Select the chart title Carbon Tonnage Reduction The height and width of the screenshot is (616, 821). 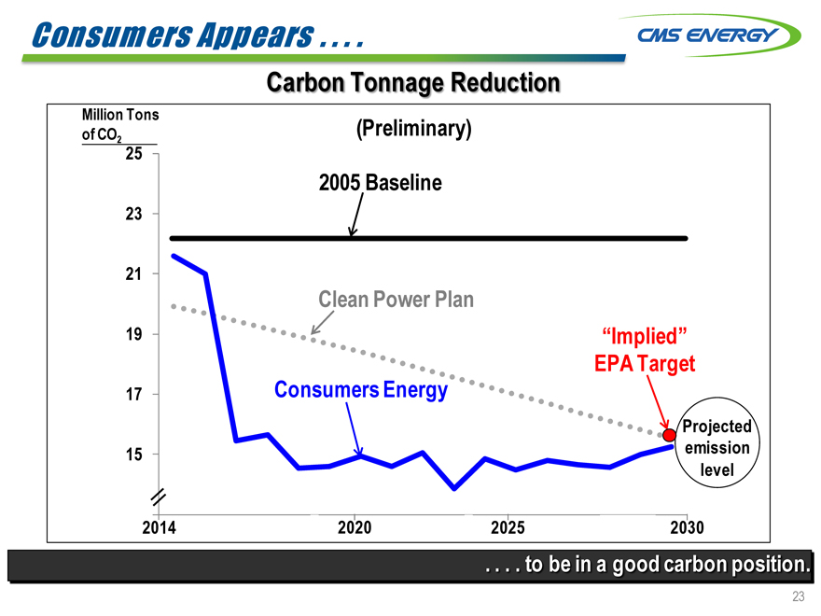point(413,83)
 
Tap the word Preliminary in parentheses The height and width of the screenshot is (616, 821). point(414,129)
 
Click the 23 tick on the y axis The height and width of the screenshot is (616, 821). point(135,214)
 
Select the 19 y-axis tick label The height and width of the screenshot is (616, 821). point(135,334)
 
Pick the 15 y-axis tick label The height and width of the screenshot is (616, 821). point(135,455)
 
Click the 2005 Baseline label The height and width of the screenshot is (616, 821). point(380,183)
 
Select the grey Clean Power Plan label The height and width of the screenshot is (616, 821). point(397,300)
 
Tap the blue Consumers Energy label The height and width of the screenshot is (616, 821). point(361,389)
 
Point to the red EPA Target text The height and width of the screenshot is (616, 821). point(645,363)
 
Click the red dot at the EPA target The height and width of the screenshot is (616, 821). point(669,434)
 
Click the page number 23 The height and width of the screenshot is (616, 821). point(798,597)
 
